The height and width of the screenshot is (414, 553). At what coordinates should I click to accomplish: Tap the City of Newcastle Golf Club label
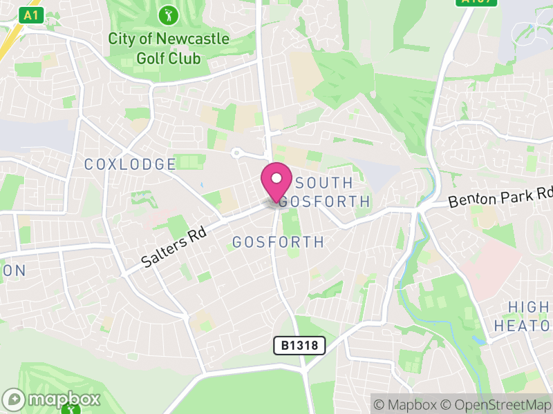[168, 48]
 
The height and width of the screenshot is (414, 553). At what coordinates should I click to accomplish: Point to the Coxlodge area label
[130, 164]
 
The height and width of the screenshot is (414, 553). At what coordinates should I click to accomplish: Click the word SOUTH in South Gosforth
[324, 184]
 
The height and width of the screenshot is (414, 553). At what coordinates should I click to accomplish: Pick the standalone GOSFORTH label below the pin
[278, 242]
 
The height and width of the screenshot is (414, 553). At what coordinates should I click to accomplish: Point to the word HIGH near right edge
[529, 307]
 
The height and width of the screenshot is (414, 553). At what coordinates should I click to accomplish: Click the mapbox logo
[52, 399]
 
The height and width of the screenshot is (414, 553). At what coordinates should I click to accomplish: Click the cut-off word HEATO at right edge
[523, 325]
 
